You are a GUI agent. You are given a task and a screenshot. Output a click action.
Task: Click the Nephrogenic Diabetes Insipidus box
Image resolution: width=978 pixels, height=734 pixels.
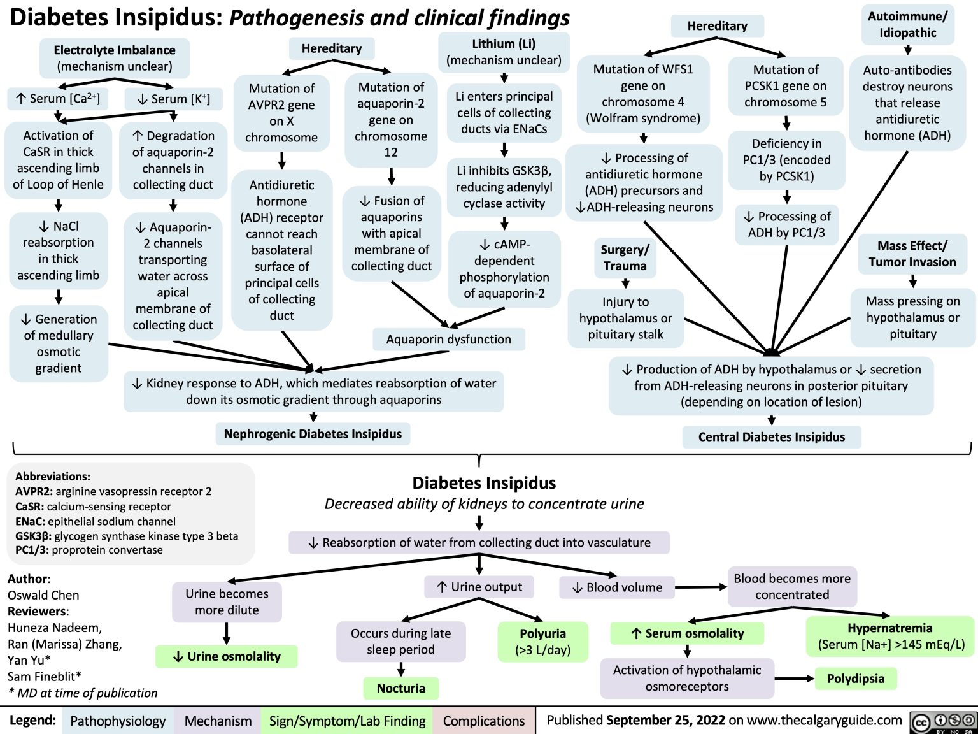313,434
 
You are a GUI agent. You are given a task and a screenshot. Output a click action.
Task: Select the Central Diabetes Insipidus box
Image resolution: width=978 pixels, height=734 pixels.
771,436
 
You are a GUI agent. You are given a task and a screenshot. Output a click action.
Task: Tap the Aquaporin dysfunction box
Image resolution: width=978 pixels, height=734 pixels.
448,339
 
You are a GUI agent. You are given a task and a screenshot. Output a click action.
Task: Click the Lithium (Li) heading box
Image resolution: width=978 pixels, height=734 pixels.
504,52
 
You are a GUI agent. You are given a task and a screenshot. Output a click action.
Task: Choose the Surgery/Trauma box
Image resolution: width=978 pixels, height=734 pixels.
625,257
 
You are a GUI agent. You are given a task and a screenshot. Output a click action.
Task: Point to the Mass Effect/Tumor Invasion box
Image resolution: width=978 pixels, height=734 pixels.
912,254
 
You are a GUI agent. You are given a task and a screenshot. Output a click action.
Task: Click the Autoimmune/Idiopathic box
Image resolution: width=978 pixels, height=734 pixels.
907,24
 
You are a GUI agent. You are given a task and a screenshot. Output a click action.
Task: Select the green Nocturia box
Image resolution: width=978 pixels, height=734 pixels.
400,688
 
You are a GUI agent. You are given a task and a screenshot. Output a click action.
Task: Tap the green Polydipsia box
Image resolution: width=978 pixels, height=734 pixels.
855,679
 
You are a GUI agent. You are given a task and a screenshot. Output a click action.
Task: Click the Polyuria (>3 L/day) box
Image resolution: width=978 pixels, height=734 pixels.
542,642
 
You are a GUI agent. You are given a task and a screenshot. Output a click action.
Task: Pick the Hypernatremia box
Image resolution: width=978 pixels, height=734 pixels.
890,636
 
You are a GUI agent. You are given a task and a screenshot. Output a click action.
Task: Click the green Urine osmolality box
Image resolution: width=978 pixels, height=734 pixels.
227,656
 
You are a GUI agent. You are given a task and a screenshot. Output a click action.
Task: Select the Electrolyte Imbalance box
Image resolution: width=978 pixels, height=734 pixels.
115,58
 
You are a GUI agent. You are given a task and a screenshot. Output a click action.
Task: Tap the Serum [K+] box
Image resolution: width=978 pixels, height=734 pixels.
173,99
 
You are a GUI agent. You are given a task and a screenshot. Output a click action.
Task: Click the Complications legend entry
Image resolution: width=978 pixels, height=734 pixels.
484,721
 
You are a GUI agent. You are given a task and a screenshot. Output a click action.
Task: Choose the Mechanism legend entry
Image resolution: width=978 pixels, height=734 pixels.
218,721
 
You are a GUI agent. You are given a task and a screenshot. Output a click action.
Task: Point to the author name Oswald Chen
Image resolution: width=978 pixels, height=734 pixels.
43,595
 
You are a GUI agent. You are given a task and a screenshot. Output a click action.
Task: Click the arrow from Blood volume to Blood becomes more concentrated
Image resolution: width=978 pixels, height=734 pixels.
701,587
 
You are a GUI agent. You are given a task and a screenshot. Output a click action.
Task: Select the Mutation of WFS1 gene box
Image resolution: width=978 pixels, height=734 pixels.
642,94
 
